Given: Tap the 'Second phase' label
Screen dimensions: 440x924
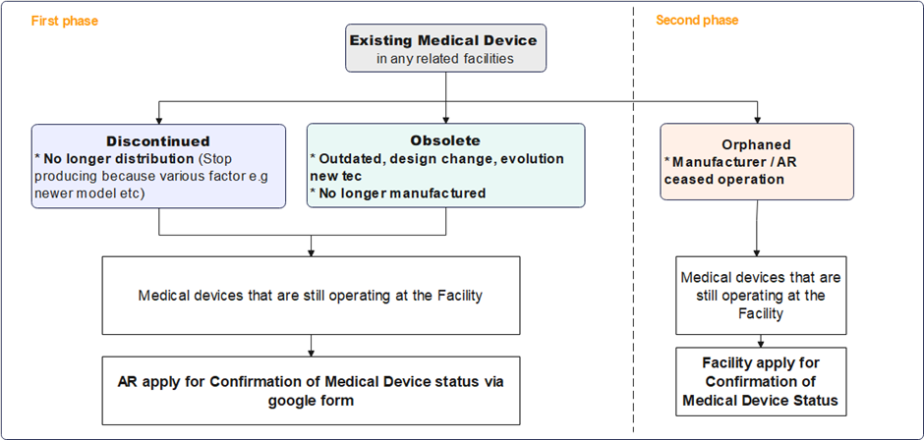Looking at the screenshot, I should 697,21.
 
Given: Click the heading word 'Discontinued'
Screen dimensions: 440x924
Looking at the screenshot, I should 158,141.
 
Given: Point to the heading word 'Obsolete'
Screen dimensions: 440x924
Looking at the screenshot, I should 446,140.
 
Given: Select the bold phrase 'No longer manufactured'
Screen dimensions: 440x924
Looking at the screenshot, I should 401,192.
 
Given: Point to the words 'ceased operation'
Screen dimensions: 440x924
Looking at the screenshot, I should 723,180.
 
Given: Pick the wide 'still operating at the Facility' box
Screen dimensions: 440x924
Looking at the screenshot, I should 311,294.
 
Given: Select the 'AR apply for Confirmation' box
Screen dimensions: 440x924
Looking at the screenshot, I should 311,390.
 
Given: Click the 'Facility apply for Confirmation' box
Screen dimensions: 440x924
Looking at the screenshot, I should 761,381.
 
